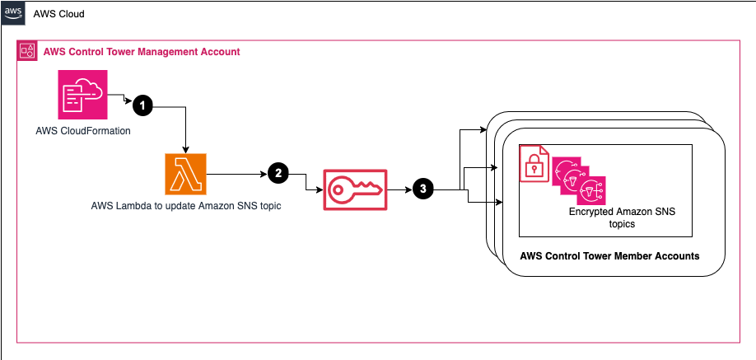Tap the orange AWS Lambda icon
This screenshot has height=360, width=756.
point(186,174)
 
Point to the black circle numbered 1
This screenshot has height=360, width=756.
point(143,105)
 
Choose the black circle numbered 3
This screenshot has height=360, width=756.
point(423,189)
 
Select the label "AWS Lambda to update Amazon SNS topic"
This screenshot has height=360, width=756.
point(186,206)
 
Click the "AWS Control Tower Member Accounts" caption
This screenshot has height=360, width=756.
point(609,256)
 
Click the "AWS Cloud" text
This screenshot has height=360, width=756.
point(58,15)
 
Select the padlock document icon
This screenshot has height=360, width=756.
point(534,164)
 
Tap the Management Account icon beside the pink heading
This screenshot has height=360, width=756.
point(27,52)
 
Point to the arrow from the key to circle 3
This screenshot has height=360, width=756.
point(399,189)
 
